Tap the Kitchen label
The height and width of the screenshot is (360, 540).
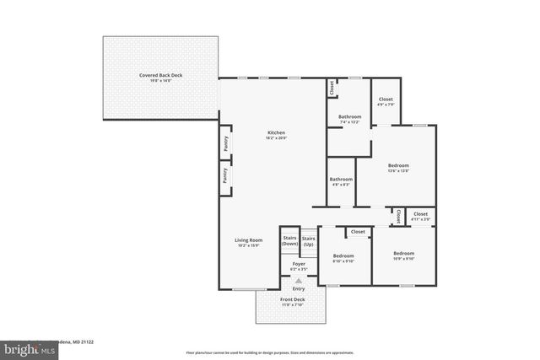click(x=276, y=133)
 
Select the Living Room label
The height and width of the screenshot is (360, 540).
click(x=248, y=240)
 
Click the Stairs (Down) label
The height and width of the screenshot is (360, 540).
click(x=289, y=240)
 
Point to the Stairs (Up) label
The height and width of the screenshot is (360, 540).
click(x=308, y=240)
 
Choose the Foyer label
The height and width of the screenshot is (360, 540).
click(x=299, y=264)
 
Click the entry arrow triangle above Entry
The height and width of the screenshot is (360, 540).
click(x=298, y=280)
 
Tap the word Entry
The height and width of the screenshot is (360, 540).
click(x=299, y=288)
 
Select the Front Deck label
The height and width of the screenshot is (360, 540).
click(x=293, y=299)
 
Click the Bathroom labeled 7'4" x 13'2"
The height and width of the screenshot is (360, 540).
click(x=349, y=116)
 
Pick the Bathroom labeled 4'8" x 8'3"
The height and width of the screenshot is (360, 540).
click(x=341, y=179)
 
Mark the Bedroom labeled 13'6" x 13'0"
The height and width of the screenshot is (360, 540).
click(x=398, y=165)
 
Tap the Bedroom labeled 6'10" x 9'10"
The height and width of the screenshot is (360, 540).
click(x=343, y=255)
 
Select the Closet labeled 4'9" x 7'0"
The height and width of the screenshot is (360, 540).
click(x=386, y=99)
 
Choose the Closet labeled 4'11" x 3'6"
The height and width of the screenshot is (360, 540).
click(x=420, y=214)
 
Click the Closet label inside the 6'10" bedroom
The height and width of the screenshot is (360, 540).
click(x=358, y=231)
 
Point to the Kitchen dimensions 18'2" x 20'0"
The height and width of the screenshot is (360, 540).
click(x=276, y=138)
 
